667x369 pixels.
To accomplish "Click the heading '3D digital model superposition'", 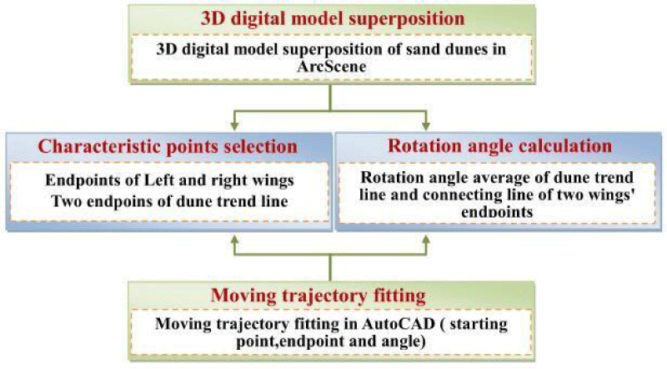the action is tap(332, 18).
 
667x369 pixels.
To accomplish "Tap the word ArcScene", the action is tap(331, 67).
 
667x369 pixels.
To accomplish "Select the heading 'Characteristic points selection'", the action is tap(168, 147).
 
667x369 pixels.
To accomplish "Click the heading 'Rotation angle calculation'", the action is tap(499, 146).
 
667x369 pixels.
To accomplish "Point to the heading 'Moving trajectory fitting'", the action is tap(318, 296).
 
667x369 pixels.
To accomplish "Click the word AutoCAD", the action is tap(399, 324).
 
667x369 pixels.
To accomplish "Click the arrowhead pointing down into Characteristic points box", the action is tap(234, 126).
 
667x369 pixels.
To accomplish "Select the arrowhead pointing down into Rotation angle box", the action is tap(425, 126).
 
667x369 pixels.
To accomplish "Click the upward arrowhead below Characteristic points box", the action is tap(234, 240).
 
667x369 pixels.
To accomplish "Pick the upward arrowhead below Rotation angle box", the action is tap(425, 240).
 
